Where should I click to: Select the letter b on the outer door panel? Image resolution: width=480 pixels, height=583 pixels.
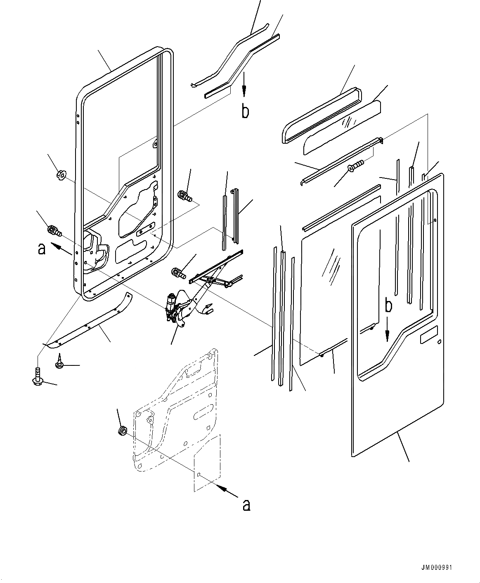pos(388,306)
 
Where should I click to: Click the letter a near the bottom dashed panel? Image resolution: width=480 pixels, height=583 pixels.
pos(246,504)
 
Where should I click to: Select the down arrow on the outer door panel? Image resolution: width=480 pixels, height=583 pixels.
pos(387,329)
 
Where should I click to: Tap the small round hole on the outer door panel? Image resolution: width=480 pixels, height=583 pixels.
pos(440,341)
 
